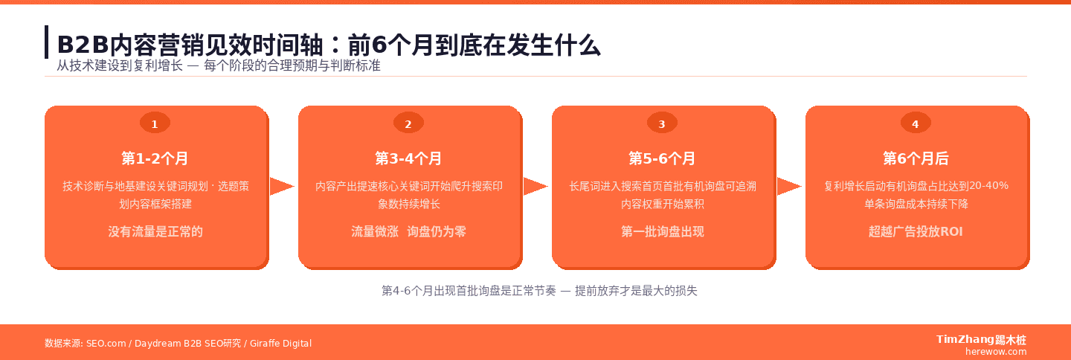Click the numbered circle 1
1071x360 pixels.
155,124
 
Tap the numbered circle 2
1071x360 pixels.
408,124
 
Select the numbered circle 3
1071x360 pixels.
662,124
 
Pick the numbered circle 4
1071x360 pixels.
916,124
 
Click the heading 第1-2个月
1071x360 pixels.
155,158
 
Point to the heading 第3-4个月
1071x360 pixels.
408,158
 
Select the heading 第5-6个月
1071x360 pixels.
662,158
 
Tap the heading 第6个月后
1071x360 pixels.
916,158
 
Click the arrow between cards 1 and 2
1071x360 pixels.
282,187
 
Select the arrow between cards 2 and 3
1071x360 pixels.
535,187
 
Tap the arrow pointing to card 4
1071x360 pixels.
789,187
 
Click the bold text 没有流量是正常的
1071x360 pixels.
155,231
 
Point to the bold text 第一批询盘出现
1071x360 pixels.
662,231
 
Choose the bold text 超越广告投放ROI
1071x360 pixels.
916,231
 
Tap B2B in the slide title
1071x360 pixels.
78,45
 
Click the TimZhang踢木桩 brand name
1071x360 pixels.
981,340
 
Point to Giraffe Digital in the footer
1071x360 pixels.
280,344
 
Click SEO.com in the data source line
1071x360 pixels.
106,344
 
